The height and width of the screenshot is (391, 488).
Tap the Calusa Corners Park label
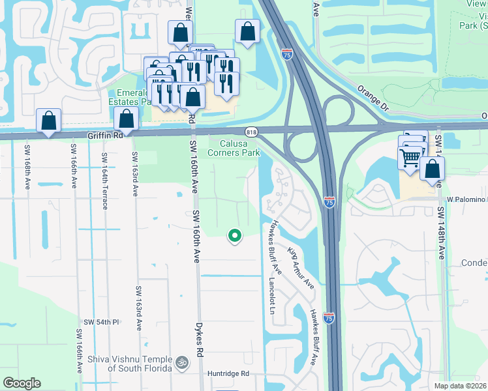pos(234,148)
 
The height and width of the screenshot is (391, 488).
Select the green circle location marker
pos(234,236)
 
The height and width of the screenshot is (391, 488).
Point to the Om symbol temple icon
pos(182,361)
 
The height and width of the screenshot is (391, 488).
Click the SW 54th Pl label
pos(101,323)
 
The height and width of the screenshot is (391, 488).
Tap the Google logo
pos(22,383)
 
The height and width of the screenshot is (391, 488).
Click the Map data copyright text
pos(460,386)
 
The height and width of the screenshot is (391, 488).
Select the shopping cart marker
pos(410,157)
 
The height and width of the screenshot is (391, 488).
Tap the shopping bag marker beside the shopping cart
pos(432,169)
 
